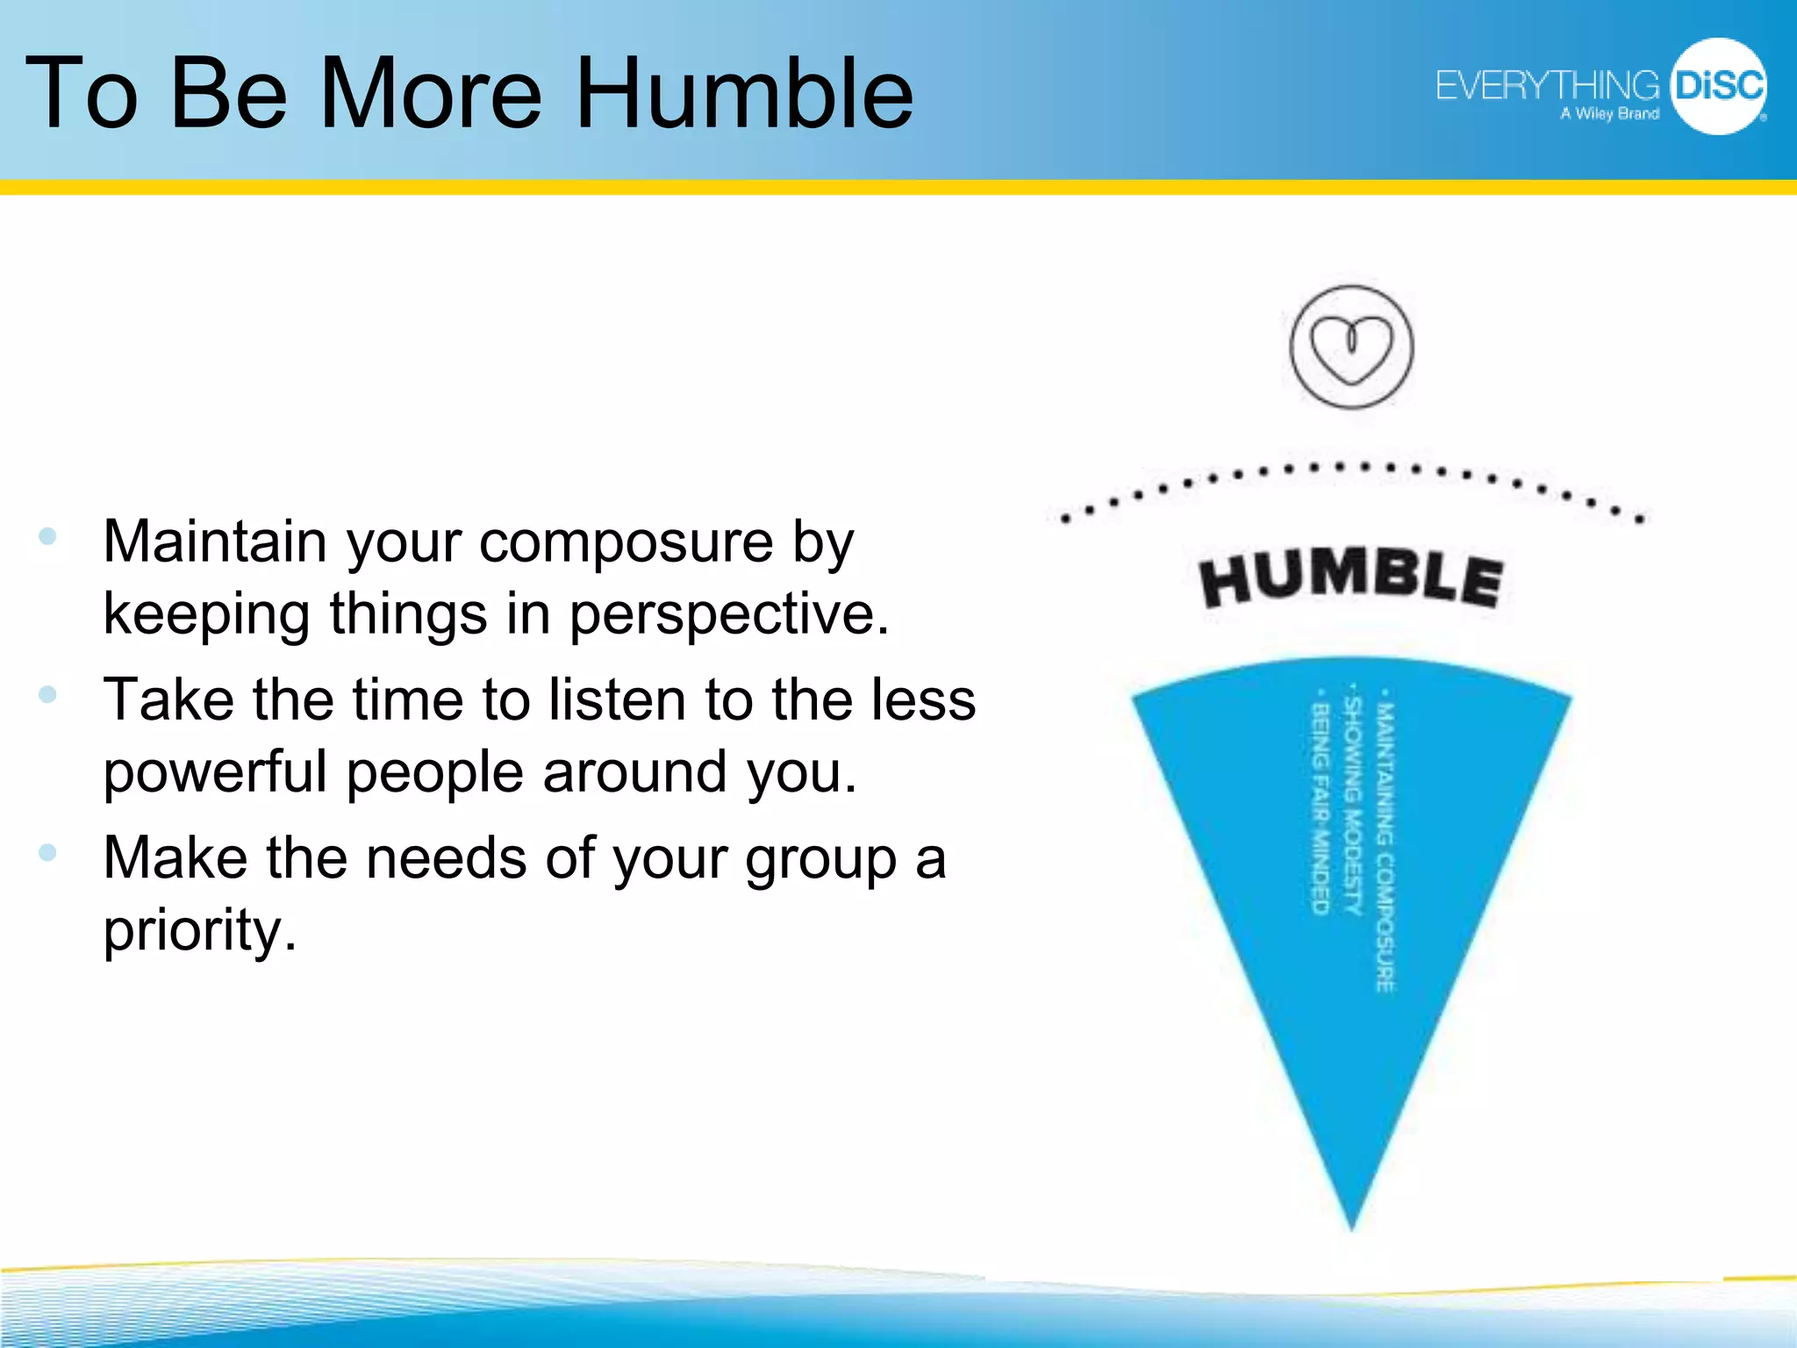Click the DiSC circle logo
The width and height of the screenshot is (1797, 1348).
(1718, 86)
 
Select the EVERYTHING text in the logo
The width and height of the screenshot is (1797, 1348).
(1546, 86)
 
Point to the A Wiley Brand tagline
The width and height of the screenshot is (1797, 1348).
(1609, 114)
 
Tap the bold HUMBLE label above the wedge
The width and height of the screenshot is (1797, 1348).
(1351, 579)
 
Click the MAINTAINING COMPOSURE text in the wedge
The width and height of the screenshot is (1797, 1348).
(1385, 847)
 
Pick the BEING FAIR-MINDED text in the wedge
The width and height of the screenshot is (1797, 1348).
(1321, 807)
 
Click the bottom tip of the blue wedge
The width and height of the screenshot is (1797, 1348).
(1352, 1224)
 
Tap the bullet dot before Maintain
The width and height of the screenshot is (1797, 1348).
(48, 535)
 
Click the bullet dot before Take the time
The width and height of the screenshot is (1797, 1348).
(48, 694)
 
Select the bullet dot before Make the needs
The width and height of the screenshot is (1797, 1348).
(48, 852)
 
